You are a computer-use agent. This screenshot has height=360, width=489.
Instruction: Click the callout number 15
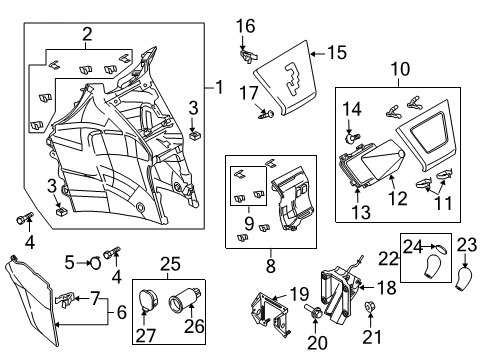(337, 53)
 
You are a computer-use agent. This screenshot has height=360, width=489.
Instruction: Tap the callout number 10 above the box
(400, 69)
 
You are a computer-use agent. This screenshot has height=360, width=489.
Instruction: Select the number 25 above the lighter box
(170, 264)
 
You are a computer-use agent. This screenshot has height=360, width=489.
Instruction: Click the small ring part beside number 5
(95, 263)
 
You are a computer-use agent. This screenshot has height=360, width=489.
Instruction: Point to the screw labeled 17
(266, 115)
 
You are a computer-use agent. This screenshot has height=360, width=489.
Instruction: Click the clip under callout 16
(249, 56)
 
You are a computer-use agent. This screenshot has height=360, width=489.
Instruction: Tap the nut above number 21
(369, 306)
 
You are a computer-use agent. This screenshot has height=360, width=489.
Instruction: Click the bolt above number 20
(313, 311)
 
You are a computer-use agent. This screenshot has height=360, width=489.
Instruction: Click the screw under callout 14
(351, 138)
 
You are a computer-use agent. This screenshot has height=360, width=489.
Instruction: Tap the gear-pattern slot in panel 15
(293, 79)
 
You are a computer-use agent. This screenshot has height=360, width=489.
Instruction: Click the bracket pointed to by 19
(269, 313)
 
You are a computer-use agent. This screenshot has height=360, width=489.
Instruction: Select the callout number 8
(271, 265)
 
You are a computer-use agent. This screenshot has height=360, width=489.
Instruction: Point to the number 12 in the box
(398, 198)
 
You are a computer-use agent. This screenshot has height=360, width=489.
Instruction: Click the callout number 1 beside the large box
(219, 87)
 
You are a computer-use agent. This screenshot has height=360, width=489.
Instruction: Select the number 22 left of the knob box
(388, 258)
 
